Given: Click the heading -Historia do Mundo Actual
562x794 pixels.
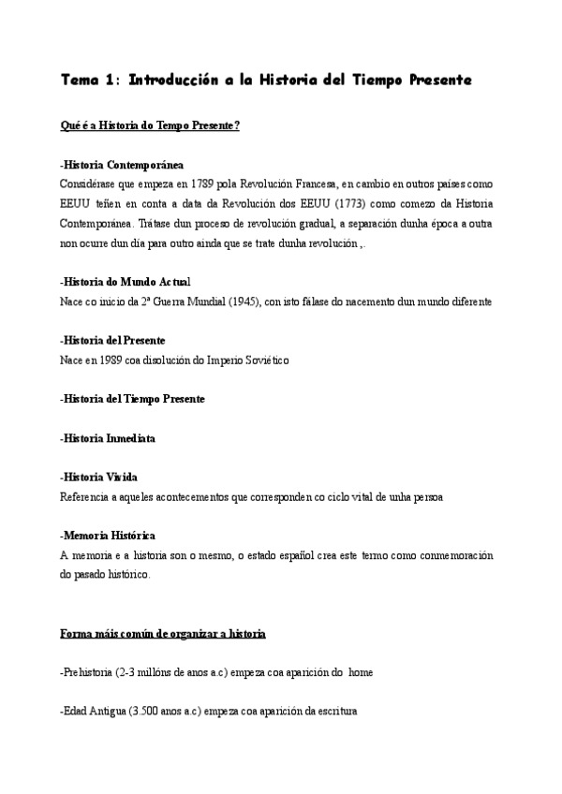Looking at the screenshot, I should click(x=125, y=281).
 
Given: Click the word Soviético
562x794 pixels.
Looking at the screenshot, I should click(x=268, y=360).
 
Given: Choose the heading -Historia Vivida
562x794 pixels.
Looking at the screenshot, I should click(x=98, y=477).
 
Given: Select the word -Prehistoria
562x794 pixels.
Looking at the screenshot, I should click(x=86, y=672).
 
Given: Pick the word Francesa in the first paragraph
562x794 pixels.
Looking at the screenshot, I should click(x=311, y=184).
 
